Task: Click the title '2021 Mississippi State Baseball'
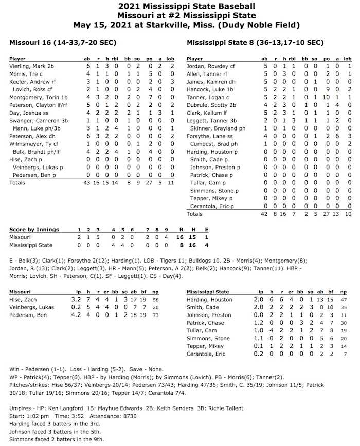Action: [180, 6]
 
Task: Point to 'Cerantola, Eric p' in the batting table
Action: [212, 206]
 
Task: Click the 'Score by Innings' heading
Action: [34, 229]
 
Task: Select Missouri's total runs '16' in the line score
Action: [179, 237]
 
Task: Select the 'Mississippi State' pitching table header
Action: [208, 291]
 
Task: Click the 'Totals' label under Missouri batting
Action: [17, 182]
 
